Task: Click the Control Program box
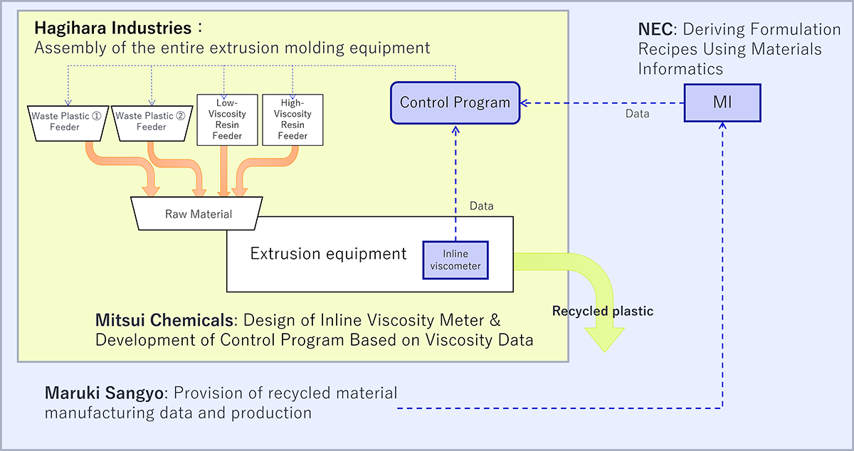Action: click(455, 103)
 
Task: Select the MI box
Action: click(722, 103)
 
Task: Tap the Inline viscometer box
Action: click(455, 260)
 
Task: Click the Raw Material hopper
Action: click(196, 213)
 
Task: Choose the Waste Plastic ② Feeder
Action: click(152, 123)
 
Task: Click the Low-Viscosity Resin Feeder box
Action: click(227, 120)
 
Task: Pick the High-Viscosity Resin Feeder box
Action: click(292, 120)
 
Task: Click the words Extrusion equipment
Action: click(328, 254)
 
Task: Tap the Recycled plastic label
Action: click(603, 311)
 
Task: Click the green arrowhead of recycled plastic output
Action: click(605, 339)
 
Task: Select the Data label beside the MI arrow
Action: click(638, 114)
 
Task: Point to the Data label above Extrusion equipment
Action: click(482, 206)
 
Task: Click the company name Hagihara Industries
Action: click(113, 28)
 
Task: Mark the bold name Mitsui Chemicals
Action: click(164, 320)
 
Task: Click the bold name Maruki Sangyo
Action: click(105, 393)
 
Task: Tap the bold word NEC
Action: click(655, 29)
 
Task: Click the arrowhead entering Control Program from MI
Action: click(524, 103)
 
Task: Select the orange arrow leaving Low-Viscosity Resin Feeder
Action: click(223, 171)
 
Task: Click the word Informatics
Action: click(680, 69)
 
